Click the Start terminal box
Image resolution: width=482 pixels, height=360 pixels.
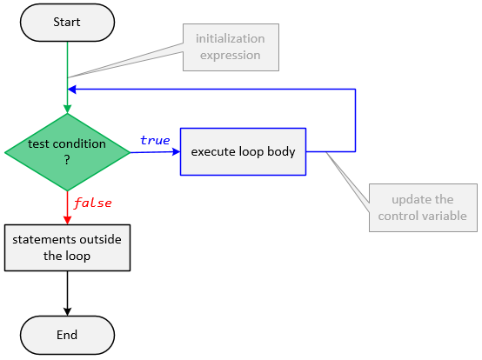click(67, 23)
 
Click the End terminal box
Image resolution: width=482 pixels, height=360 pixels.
click(67, 335)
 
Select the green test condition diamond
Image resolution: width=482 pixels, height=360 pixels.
click(67, 152)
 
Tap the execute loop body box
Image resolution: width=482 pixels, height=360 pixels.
click(243, 152)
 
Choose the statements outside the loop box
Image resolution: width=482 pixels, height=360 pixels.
click(67, 248)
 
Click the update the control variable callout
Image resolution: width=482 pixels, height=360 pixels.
click(422, 208)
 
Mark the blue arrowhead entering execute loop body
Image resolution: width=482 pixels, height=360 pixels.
click(175, 152)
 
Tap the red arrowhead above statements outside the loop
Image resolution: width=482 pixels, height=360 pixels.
click(67, 220)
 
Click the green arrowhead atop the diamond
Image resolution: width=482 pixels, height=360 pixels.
click(67, 109)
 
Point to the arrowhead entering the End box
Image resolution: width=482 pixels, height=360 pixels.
click(67, 311)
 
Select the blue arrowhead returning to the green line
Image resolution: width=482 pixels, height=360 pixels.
click(73, 89)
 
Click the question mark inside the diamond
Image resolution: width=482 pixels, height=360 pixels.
click(67, 160)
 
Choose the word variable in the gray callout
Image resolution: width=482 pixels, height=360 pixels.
click(445, 216)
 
